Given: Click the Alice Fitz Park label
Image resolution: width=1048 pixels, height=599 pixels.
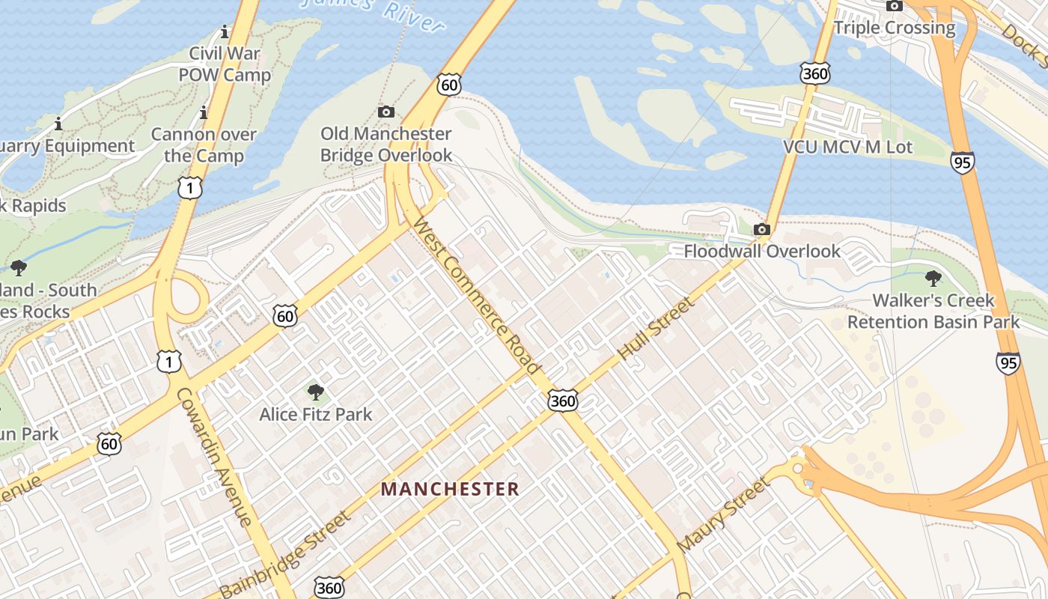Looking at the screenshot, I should [x=315, y=413].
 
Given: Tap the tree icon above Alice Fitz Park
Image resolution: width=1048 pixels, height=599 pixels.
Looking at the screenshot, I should [x=316, y=392].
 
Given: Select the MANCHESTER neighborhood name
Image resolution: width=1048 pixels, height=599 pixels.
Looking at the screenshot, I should [x=450, y=490].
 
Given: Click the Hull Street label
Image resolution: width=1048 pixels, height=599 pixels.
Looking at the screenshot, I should [x=657, y=328].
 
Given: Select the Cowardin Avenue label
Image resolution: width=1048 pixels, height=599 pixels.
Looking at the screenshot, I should [x=214, y=457].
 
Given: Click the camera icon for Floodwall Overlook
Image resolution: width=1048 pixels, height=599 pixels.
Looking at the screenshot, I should [x=762, y=229].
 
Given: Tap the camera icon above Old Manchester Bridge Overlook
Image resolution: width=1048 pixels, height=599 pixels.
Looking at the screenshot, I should [x=386, y=112].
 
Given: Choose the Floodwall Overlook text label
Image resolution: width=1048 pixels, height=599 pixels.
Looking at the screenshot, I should [x=762, y=251].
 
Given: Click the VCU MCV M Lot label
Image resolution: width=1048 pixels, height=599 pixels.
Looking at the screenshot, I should [x=847, y=147].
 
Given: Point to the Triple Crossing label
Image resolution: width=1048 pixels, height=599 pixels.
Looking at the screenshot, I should [x=895, y=28].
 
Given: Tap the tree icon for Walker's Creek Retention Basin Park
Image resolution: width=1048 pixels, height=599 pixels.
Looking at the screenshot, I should [x=933, y=279].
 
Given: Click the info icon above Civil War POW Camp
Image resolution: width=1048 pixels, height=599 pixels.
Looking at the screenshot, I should [x=224, y=32].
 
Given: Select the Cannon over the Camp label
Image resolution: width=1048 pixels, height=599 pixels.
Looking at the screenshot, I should [x=204, y=145].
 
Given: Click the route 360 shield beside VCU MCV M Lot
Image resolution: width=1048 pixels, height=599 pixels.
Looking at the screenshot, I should [x=814, y=73].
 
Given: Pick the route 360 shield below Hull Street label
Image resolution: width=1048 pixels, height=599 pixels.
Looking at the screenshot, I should [x=562, y=401].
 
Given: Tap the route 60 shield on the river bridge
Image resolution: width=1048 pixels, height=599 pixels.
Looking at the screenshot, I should [x=448, y=85].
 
